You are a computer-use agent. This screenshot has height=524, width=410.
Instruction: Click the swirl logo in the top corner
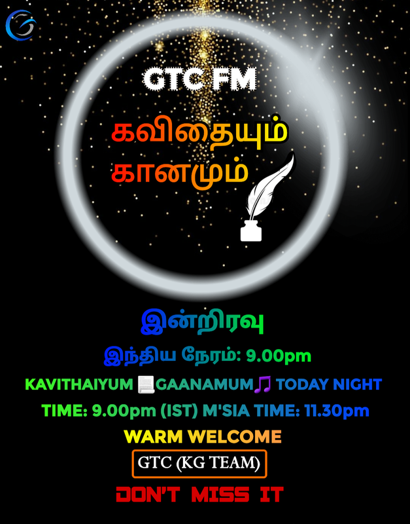coord(21,25)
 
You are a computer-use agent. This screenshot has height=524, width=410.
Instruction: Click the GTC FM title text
coord(199,79)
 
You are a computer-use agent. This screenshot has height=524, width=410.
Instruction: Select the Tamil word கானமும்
coord(180,171)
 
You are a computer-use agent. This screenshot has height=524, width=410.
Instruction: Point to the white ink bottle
coord(251,231)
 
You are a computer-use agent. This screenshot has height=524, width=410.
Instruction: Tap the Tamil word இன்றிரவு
coord(202,322)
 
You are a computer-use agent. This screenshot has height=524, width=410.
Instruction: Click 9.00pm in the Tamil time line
coord(279,356)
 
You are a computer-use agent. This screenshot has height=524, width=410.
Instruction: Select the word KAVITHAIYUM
coord(79,384)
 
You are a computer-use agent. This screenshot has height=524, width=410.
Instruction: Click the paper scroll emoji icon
coord(146,384)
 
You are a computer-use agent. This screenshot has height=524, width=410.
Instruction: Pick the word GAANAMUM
coord(205,384)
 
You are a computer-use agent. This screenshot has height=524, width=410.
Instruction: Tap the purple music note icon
coord(263,384)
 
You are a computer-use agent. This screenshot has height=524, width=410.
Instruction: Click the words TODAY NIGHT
coord(329,384)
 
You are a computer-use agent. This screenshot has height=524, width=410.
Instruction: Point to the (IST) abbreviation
coord(179,411)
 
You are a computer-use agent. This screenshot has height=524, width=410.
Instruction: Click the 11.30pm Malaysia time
coord(337,411)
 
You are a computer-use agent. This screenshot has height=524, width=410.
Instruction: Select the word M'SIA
coord(226,411)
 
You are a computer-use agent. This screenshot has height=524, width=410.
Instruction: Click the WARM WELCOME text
coord(203,436)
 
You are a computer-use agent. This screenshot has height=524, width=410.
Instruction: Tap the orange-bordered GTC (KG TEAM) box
coord(199,464)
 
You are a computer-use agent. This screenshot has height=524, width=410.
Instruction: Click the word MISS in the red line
coord(220,495)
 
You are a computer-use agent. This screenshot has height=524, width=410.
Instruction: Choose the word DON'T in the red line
coord(148,495)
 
